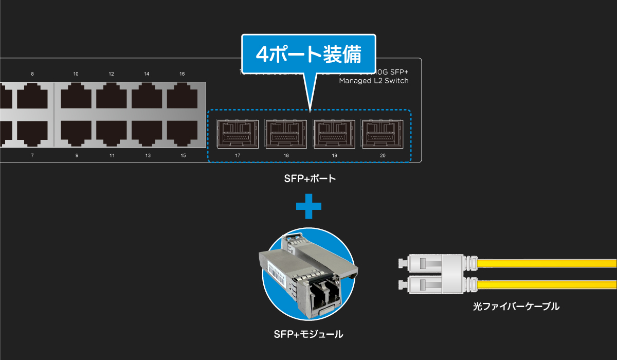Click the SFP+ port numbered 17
(237, 134)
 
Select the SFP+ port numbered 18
(285, 134)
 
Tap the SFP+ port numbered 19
(333, 134)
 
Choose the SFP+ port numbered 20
(382, 134)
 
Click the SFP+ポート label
(310, 179)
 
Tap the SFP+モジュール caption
(308, 334)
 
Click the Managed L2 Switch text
(374, 81)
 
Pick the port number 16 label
(182, 74)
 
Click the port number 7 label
(32, 155)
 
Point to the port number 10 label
(76, 74)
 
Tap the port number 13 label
(148, 155)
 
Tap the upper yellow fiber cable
(545, 264)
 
